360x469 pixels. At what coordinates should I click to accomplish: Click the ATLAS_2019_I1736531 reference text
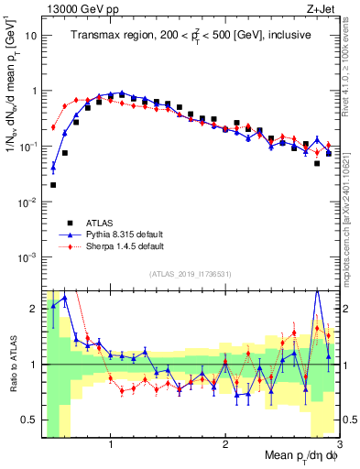coord(190,274)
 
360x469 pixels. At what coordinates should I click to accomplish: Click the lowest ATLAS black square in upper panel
coord(53,184)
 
